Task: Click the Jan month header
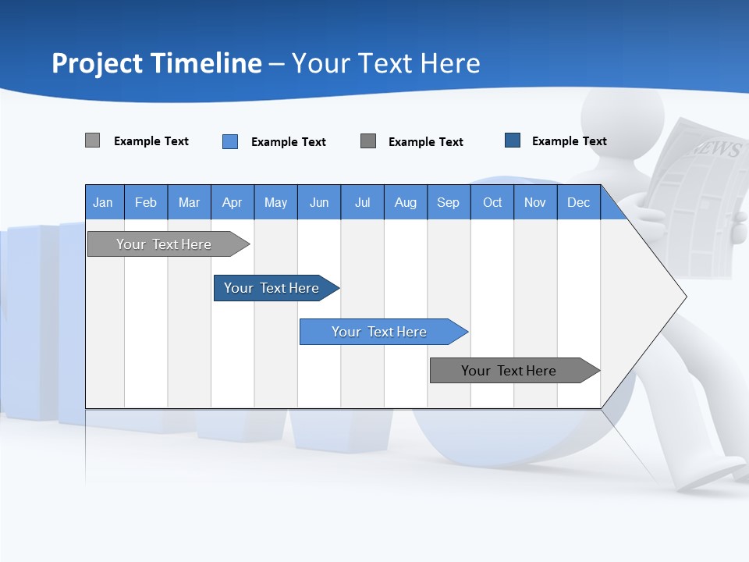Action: (x=104, y=202)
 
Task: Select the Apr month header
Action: (x=233, y=202)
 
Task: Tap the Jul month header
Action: (x=362, y=202)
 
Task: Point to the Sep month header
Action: (x=448, y=202)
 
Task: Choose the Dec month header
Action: (x=578, y=202)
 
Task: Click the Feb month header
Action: (x=146, y=202)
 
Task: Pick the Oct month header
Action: (x=492, y=202)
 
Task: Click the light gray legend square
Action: (x=92, y=140)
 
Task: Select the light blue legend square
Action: (x=230, y=141)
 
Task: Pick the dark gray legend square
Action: (x=368, y=141)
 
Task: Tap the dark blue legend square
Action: (x=513, y=140)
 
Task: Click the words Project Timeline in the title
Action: (x=157, y=63)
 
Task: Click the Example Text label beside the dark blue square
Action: (x=569, y=141)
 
